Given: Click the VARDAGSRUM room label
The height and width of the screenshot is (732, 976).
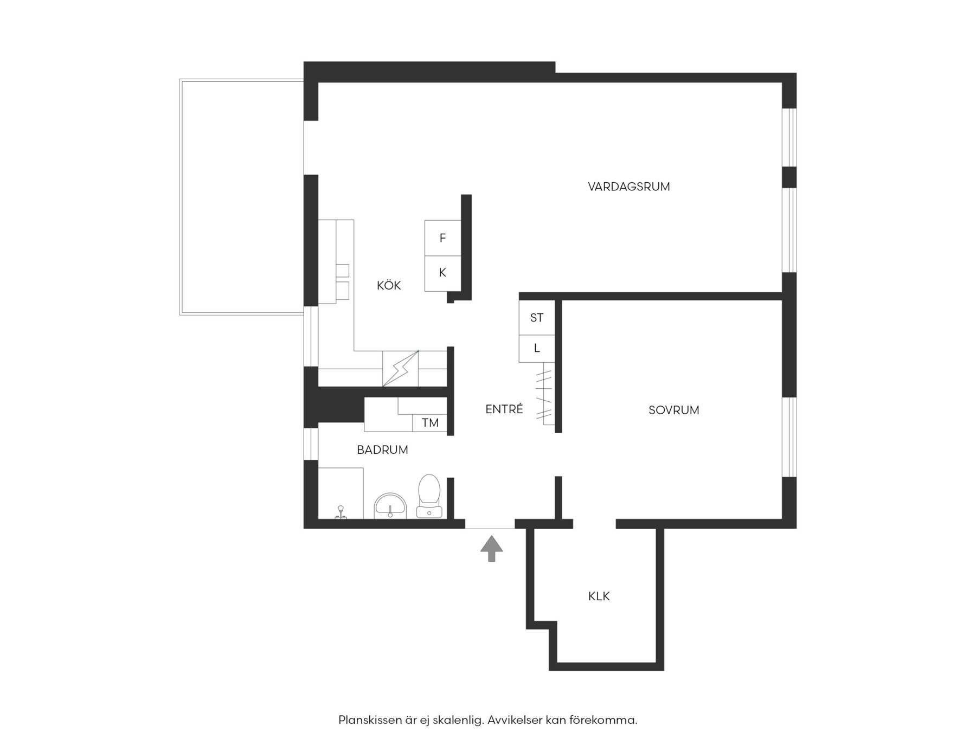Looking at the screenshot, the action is tap(629, 187).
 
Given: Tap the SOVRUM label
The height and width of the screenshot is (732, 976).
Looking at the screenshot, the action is tap(674, 410).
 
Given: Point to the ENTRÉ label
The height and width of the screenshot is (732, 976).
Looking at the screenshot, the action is tap(504, 409).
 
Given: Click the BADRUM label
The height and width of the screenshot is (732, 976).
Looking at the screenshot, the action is tap(382, 450).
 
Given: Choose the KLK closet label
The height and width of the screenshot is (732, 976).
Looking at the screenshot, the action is tap(599, 596).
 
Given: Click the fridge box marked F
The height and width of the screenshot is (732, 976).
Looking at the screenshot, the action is tap(442, 238).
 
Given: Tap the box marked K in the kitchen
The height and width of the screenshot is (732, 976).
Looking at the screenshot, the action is tap(442, 273).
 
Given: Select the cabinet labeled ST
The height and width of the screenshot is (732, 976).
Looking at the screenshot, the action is tap(537, 318).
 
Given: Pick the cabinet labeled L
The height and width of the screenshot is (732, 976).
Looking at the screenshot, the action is tap(537, 348).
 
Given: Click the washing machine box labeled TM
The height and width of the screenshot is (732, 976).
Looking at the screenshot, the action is tap(430, 423).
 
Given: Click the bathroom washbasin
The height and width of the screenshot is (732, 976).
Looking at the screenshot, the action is tap(390, 506).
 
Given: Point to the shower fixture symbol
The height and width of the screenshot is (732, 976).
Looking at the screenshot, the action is tap(341, 512).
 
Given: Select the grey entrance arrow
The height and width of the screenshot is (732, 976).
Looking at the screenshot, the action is tap(491, 548).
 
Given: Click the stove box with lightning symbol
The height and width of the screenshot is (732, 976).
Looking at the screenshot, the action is tap(401, 369).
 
